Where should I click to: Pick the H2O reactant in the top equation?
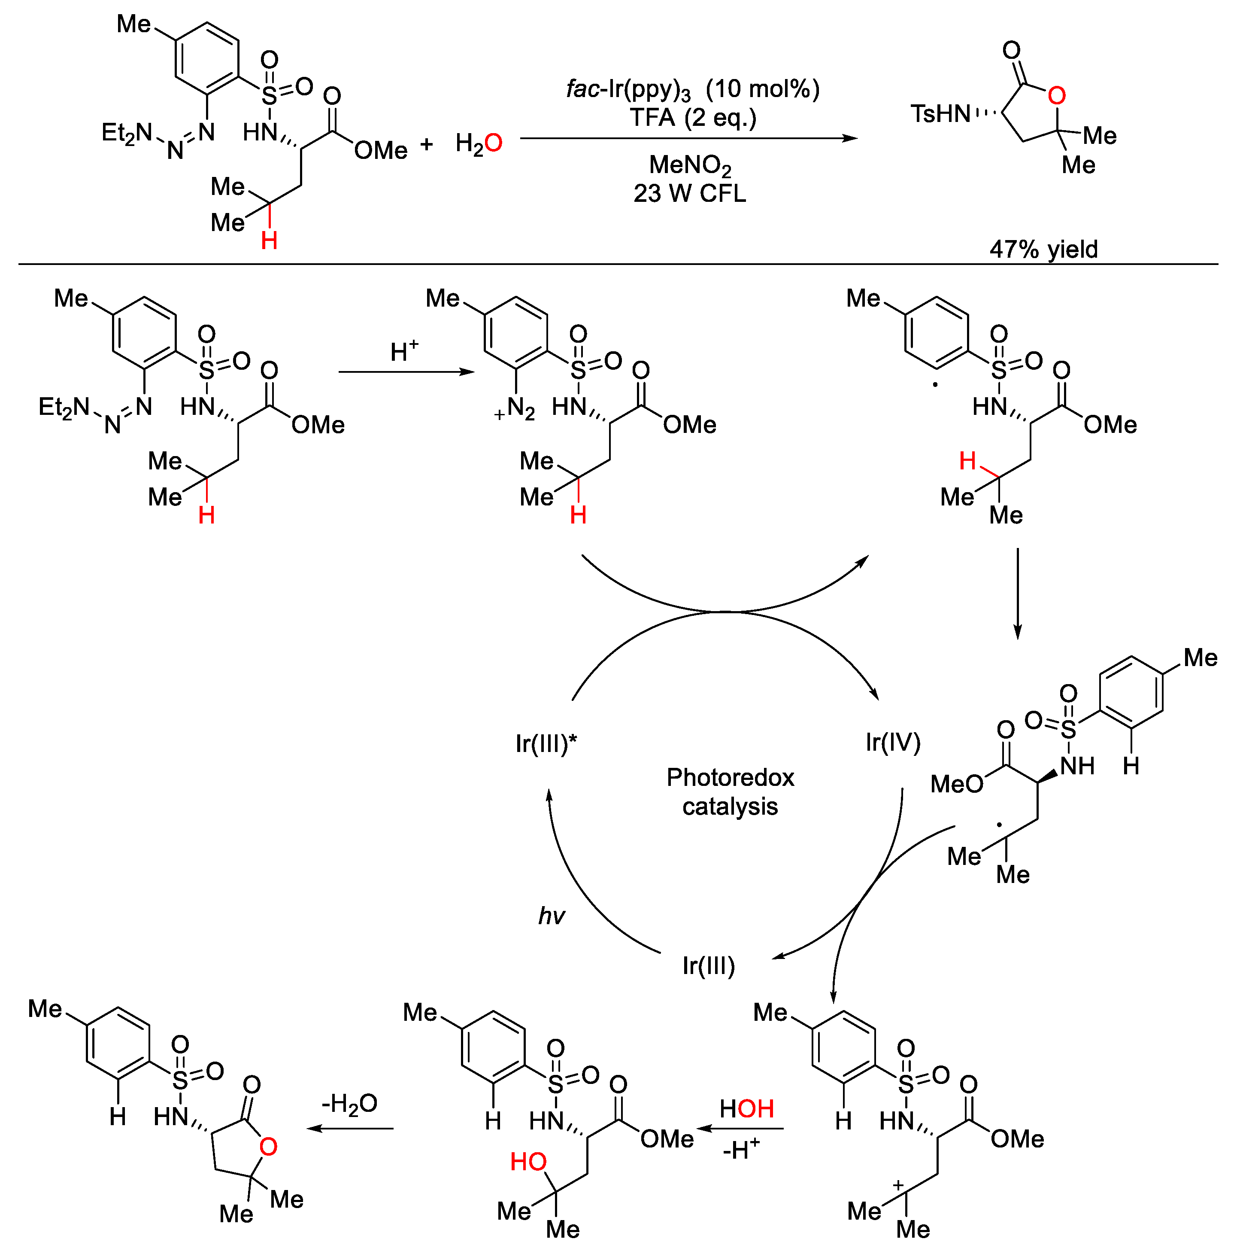click(478, 143)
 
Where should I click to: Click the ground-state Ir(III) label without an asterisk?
click(708, 966)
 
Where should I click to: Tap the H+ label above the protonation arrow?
click(403, 351)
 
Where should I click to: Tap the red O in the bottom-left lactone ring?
click(268, 1147)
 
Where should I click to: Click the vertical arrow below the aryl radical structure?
click(1017, 593)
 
